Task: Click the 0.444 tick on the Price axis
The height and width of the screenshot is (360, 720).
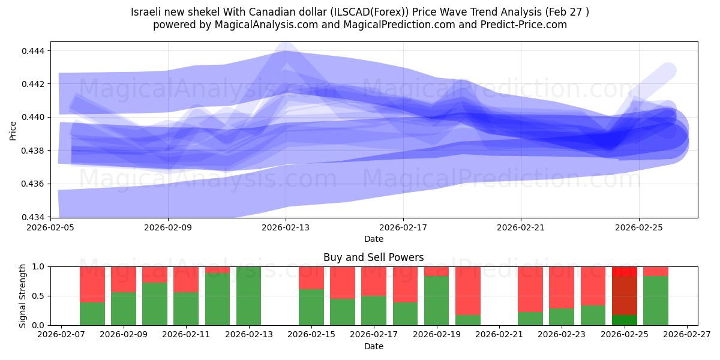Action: pyautogui.click(x=33, y=51)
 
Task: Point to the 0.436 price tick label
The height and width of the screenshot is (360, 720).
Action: pyautogui.click(x=33, y=184)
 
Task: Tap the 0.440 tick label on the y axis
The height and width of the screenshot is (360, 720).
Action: pyautogui.click(x=33, y=118)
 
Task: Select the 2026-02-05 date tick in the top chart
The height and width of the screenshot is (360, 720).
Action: pyautogui.click(x=50, y=227)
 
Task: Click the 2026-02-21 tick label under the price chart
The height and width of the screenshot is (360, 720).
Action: pyautogui.click(x=521, y=227)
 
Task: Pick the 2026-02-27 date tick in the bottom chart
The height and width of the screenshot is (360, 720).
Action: pyautogui.click(x=687, y=335)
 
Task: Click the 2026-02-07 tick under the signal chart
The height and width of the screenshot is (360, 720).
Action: pyautogui.click(x=61, y=335)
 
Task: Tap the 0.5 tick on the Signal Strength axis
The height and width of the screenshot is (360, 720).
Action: pyautogui.click(x=38, y=296)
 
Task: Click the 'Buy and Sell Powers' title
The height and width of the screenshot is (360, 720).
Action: pyautogui.click(x=373, y=257)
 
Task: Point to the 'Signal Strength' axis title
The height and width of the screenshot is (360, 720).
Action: pyautogui.click(x=22, y=296)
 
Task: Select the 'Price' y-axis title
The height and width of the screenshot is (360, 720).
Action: pyautogui.click(x=13, y=131)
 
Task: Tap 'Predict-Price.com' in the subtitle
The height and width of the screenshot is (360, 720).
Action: pyautogui.click(x=524, y=25)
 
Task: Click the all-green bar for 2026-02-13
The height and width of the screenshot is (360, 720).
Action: pyautogui.click(x=249, y=296)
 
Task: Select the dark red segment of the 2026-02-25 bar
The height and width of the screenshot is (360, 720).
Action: pyautogui.click(x=625, y=296)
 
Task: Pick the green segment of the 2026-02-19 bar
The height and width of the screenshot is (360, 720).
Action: pyautogui.click(x=437, y=301)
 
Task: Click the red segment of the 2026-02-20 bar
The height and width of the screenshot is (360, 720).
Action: pyautogui.click(x=468, y=291)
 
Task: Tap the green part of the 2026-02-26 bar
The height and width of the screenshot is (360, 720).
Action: pyautogui.click(x=656, y=301)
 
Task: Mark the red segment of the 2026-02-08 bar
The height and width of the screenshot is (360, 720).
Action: pyautogui.click(x=92, y=284)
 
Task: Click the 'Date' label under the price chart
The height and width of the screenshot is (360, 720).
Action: pyautogui.click(x=373, y=239)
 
